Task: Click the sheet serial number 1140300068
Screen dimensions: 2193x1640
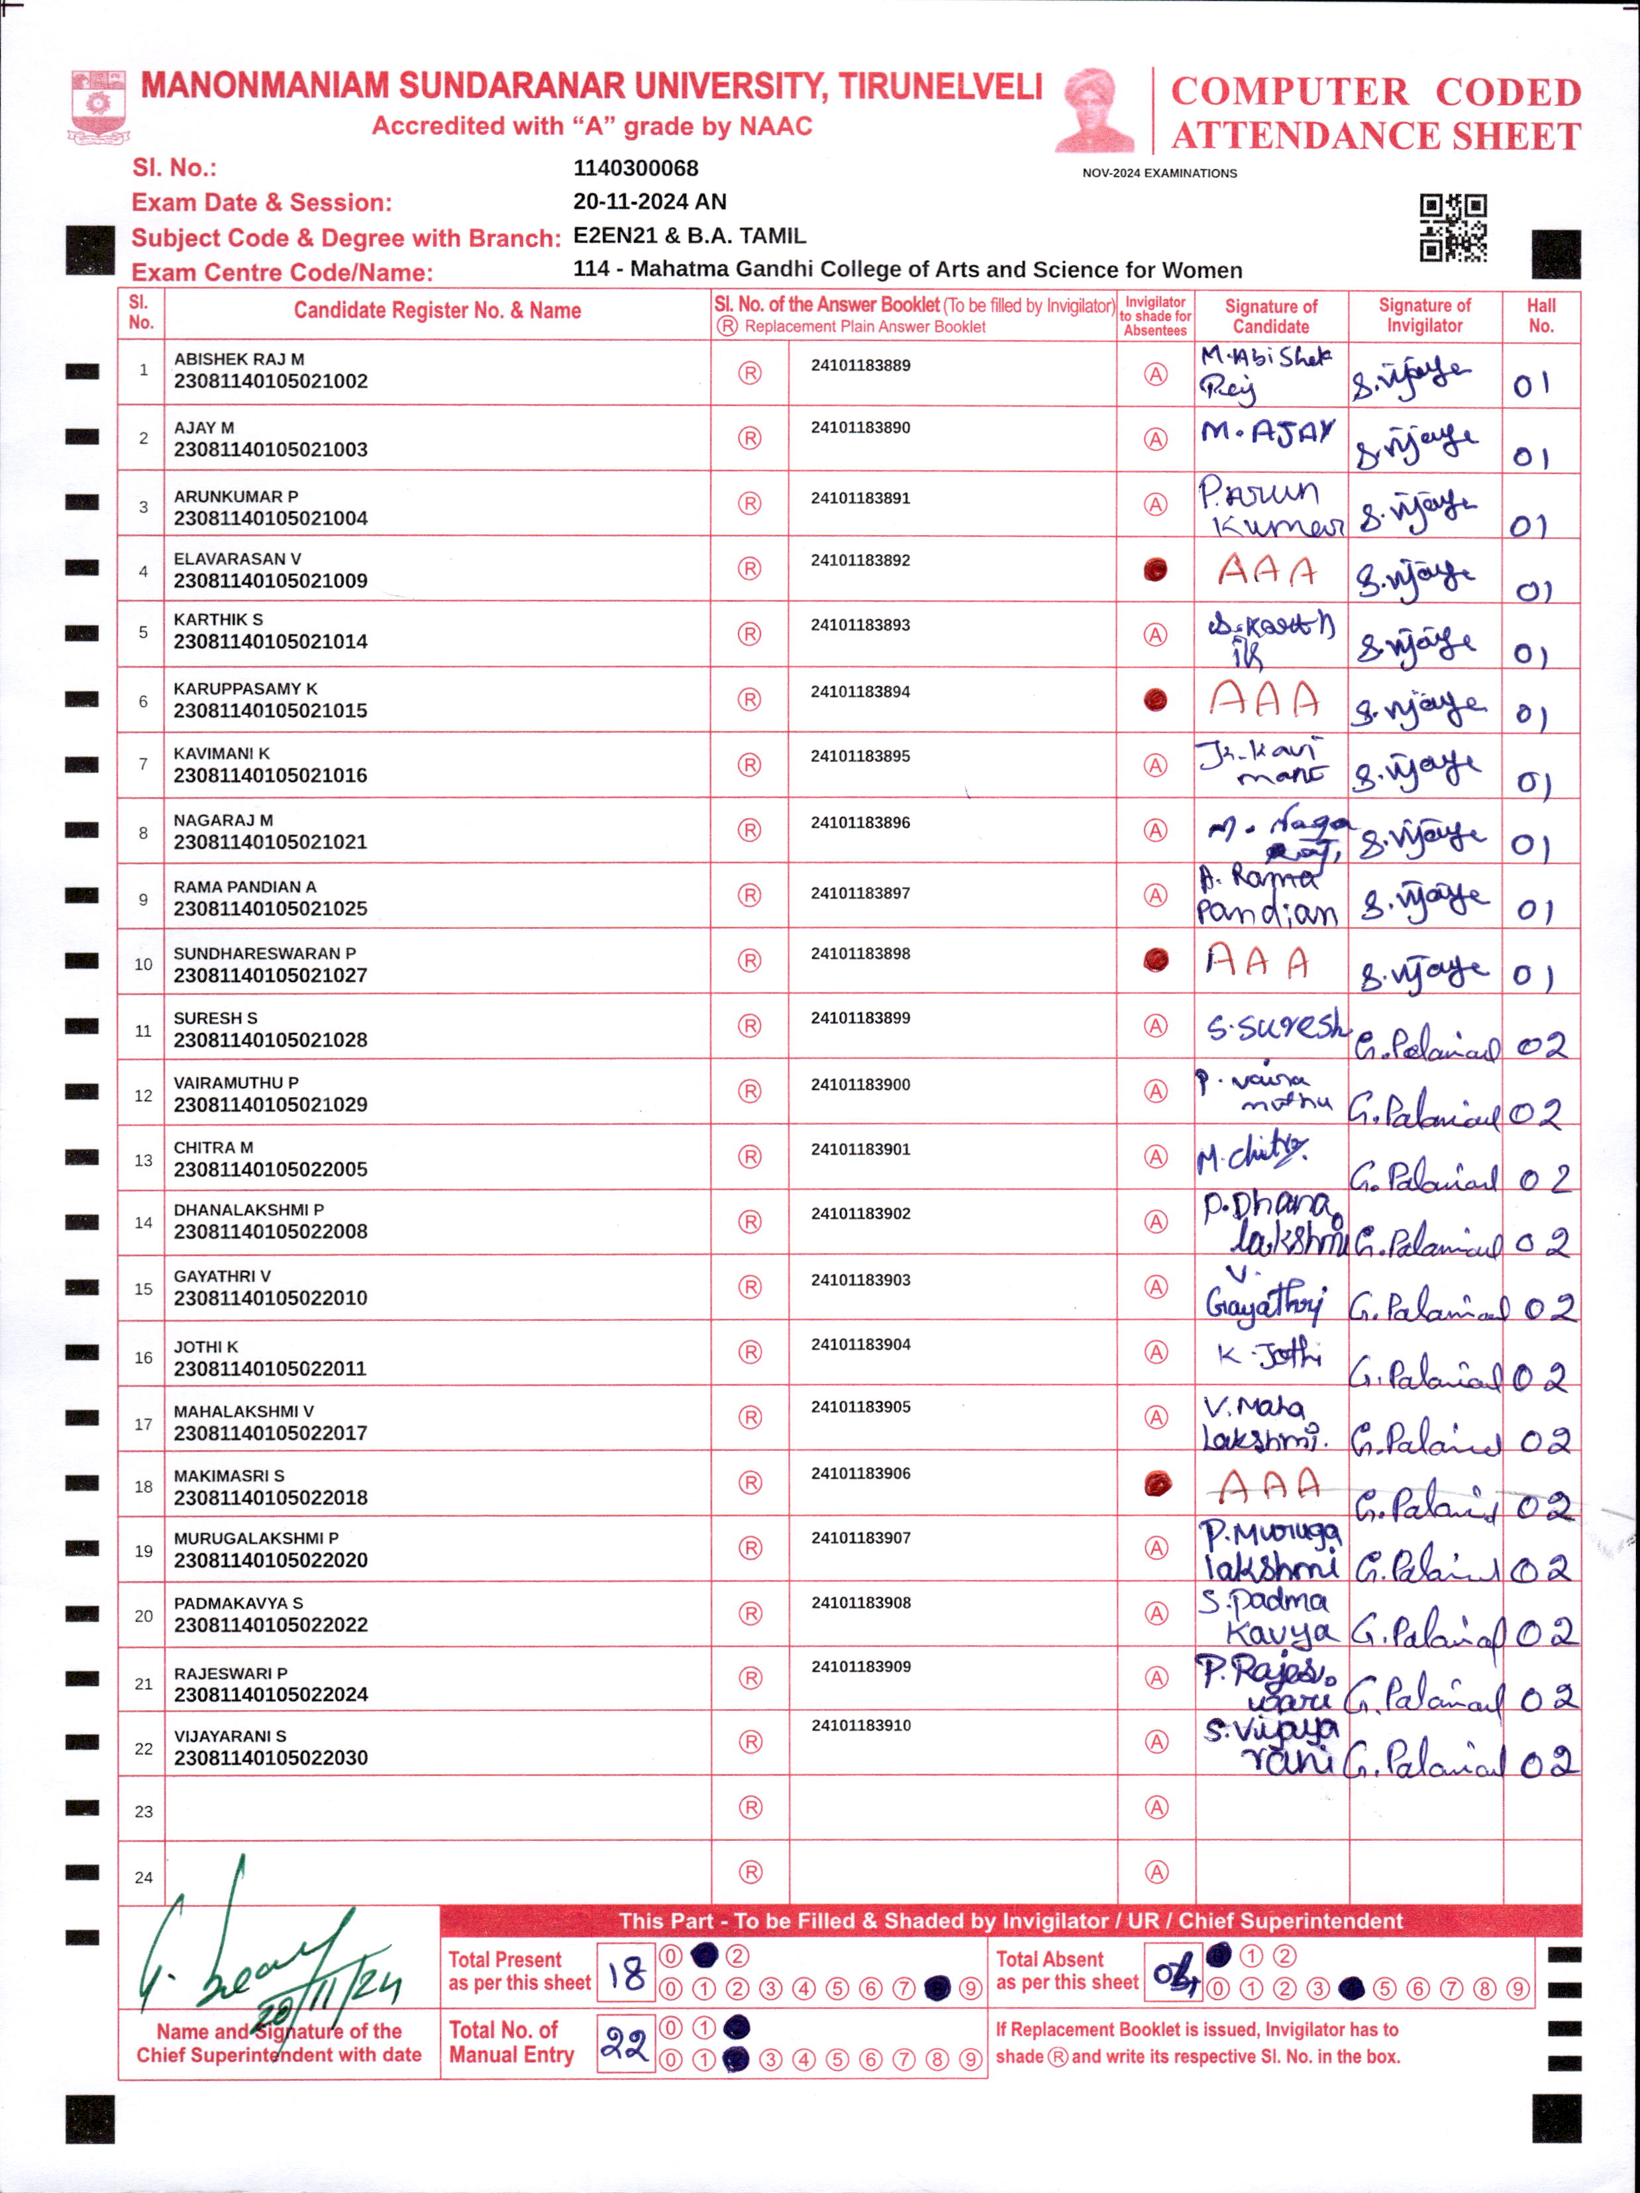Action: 636,169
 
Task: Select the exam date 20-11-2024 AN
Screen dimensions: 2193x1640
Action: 650,202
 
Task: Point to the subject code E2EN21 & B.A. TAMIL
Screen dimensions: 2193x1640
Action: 689,236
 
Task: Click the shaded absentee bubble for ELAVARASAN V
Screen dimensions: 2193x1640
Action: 1155,569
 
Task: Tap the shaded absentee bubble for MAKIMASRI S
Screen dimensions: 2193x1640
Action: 1157,1483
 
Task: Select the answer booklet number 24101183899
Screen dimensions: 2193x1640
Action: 860,1018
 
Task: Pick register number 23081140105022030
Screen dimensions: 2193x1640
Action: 271,1758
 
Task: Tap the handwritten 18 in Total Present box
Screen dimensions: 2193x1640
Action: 627,1973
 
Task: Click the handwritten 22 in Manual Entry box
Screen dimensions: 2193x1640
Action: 625,2043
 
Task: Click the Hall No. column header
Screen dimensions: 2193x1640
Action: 1541,315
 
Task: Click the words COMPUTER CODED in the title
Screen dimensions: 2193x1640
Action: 1375,92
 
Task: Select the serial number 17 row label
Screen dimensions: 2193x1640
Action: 143,1424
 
